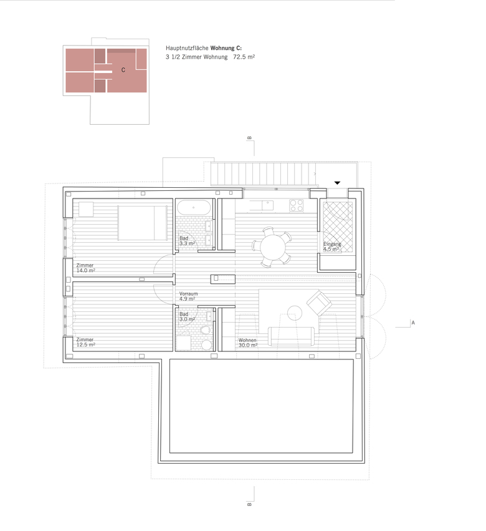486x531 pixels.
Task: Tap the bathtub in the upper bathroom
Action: (194, 207)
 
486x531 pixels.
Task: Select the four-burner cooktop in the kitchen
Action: (296, 205)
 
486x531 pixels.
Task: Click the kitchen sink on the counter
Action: (267, 205)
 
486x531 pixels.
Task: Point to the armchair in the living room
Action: (319, 303)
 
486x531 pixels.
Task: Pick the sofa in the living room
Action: (291, 336)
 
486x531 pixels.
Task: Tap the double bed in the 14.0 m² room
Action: (143, 223)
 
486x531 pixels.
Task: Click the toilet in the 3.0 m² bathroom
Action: (205, 330)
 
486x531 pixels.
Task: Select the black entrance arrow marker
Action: (337, 183)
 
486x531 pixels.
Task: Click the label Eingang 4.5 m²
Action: (331, 246)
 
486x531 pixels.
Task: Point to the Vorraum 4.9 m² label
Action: (188, 296)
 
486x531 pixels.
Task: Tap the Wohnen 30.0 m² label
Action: (248, 343)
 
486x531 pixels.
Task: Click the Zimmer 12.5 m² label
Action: (85, 342)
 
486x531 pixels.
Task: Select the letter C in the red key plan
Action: (123, 70)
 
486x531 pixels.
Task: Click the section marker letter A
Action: (413, 323)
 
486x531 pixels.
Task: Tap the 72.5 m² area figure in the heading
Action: (244, 57)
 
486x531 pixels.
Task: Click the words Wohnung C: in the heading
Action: (226, 48)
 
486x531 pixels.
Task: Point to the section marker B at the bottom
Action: (250, 504)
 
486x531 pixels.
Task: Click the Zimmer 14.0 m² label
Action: (85, 268)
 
